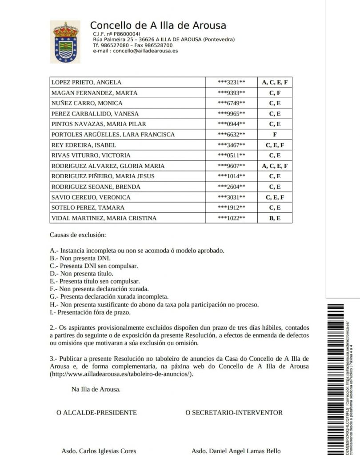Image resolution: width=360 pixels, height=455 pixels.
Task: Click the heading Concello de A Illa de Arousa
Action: [x=158, y=25]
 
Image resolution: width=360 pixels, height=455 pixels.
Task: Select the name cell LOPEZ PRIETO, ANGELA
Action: [x=86, y=83]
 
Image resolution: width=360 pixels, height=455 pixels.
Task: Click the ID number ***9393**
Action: [x=231, y=93]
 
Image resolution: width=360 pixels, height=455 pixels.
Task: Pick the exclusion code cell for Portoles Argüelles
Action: [x=275, y=135]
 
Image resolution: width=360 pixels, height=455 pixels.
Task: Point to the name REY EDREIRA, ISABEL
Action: [x=84, y=145]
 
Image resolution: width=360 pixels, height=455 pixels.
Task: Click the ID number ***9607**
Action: [x=231, y=166]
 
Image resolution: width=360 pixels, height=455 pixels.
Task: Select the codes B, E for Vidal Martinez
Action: [x=275, y=218]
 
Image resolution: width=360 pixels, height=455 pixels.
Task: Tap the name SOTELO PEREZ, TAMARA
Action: [x=88, y=208]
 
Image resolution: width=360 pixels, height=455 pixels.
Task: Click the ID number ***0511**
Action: [x=231, y=156]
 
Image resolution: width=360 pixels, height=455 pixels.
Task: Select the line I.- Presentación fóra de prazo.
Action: [x=90, y=312]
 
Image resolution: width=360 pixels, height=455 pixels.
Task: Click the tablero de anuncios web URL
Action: [x=122, y=374]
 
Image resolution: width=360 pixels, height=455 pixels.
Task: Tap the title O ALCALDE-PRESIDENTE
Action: [x=96, y=413]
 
